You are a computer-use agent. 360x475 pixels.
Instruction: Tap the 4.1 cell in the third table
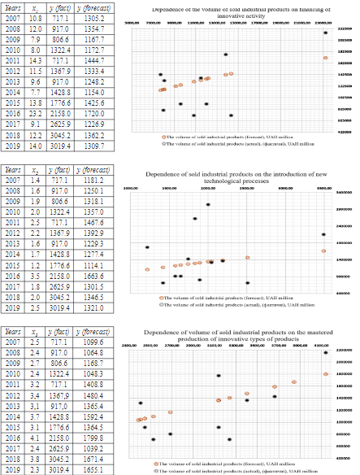click(x=36, y=437)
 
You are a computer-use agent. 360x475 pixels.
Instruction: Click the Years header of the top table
click(x=13, y=6)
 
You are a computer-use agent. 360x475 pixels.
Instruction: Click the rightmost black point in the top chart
click(x=325, y=33)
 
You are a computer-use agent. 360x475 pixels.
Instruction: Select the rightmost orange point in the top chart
click(x=325, y=58)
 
